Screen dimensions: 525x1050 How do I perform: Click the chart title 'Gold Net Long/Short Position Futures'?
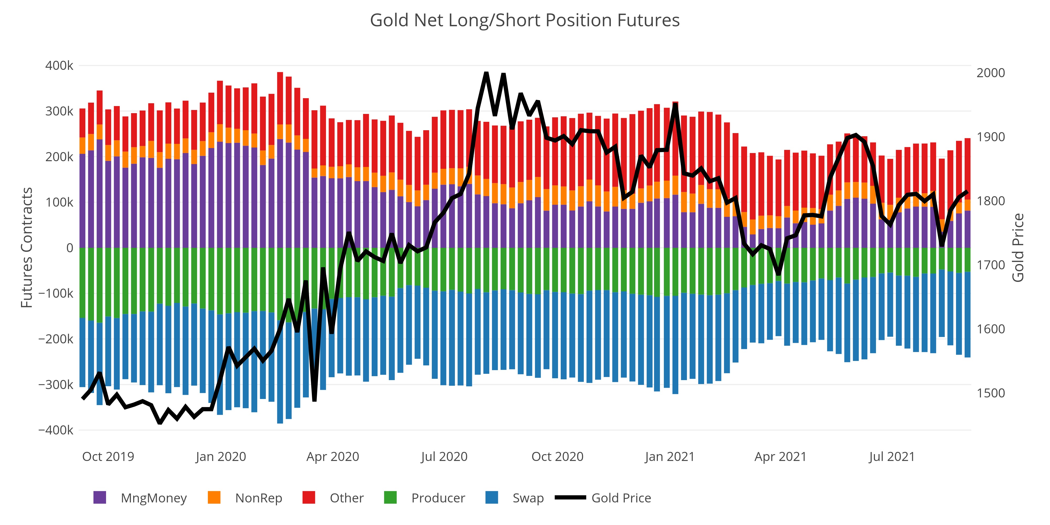[524, 20]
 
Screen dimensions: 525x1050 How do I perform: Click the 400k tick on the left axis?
[60, 66]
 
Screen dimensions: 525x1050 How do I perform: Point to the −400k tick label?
[56, 430]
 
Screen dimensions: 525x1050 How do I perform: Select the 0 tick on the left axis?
[70, 248]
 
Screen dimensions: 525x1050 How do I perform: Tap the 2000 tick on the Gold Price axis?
[990, 73]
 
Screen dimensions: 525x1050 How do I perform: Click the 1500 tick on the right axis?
[990, 393]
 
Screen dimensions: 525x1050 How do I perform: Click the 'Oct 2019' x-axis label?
[108, 456]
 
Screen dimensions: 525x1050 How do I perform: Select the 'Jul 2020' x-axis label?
[444, 456]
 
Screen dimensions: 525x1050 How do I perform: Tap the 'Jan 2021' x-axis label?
[670, 456]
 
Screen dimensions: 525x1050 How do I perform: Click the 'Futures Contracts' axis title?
[27, 248]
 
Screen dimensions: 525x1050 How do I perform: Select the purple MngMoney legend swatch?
[100, 498]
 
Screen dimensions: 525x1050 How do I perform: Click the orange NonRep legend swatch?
[214, 498]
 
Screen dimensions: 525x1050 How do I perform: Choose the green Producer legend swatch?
[391, 498]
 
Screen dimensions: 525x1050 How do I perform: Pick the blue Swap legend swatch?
[492, 498]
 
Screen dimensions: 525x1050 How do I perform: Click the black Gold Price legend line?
[571, 498]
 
